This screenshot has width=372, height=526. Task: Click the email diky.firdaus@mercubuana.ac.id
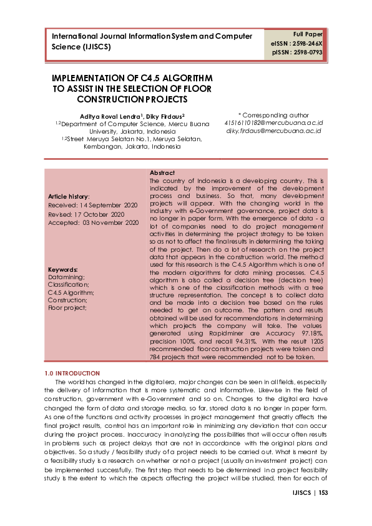[273, 132]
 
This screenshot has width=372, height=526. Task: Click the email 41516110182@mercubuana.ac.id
[273, 124]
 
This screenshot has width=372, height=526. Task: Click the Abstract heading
[162, 172]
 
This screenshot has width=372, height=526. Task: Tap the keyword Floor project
[67, 307]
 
